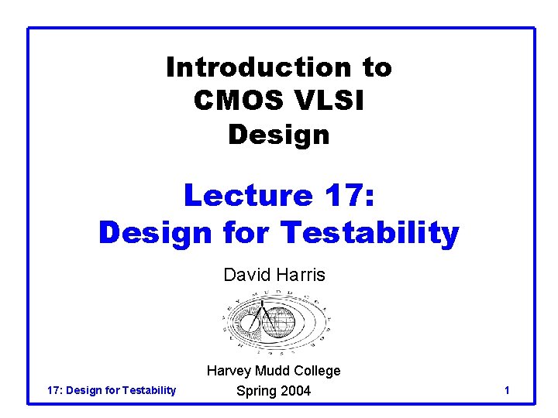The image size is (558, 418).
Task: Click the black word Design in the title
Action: point(279,135)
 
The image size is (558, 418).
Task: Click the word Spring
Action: point(256,391)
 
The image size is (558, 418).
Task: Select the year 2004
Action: point(296,391)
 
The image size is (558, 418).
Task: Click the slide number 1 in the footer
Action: point(506,391)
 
